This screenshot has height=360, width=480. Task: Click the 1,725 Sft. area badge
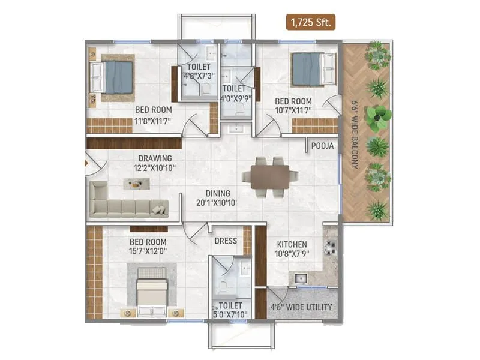[311, 23]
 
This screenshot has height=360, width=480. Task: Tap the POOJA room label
[322, 146]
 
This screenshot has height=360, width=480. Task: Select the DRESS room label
[225, 241]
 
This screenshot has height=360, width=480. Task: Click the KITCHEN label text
[292, 245]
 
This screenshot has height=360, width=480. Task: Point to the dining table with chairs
[270, 176]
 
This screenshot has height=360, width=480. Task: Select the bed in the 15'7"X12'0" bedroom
[152, 292]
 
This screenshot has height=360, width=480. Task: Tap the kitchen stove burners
[331, 247]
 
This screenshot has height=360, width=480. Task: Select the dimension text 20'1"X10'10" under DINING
[217, 203]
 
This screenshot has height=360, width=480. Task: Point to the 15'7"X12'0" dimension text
[148, 252]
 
